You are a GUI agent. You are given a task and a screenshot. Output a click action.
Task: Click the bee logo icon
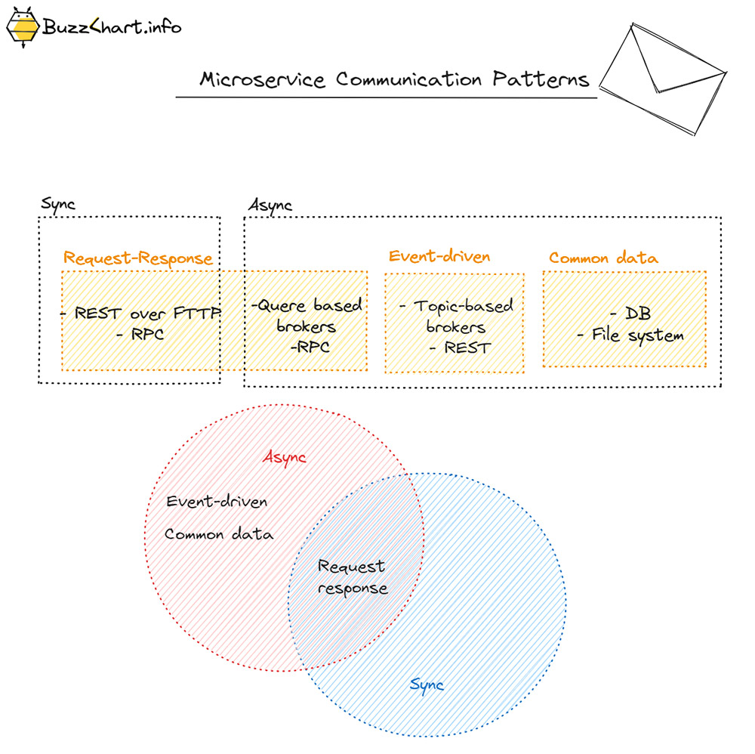23,28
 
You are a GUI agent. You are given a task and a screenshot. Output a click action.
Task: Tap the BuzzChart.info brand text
111,28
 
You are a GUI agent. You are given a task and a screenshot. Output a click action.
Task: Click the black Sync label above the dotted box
57,205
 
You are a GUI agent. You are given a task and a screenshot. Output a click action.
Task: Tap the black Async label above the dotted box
270,205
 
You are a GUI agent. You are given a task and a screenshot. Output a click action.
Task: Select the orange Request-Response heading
138,258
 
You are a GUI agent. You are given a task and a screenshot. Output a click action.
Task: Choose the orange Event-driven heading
439,257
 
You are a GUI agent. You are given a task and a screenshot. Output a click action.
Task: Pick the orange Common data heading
603,258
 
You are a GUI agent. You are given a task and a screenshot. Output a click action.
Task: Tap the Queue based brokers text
307,316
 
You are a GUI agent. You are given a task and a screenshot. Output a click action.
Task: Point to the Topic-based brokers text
455,317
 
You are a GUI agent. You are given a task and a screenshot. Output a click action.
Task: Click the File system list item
631,335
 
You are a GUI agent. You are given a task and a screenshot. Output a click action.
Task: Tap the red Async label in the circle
285,458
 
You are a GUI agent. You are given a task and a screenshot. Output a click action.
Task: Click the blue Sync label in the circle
427,685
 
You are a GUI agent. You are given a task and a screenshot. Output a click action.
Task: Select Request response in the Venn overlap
352,577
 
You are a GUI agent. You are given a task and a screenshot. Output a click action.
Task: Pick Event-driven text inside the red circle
217,502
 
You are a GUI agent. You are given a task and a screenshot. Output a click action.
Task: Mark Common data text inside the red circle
219,534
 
